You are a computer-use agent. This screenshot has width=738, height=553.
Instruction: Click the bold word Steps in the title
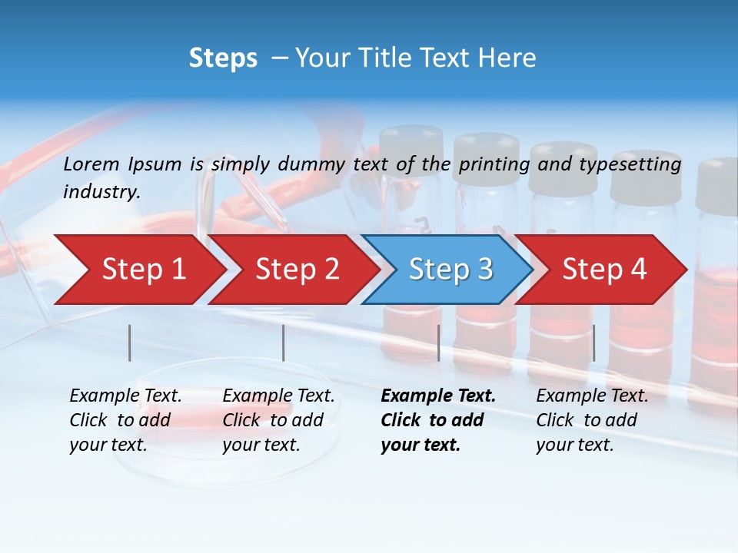pos(223,58)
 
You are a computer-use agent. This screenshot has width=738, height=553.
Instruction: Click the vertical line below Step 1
pos(130,343)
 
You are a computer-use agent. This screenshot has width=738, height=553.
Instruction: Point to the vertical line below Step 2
pos(284,343)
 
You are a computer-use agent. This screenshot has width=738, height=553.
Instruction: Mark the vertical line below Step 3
pos(438,343)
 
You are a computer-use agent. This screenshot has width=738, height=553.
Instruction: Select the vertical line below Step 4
pos(594,343)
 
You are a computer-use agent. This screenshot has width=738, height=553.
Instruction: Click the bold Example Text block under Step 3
pos(437,420)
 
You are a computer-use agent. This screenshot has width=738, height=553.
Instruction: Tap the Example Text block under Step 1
pos(125,420)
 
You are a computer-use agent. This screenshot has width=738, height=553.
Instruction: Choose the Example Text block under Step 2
pos(278,420)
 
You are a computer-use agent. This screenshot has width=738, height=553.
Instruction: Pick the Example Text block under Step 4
pos(592,420)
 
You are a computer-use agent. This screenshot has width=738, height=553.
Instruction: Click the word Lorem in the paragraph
pos(91,164)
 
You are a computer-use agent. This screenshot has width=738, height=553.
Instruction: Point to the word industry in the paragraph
pos(101,192)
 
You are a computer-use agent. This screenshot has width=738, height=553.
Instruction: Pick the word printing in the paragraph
pos(494,164)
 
